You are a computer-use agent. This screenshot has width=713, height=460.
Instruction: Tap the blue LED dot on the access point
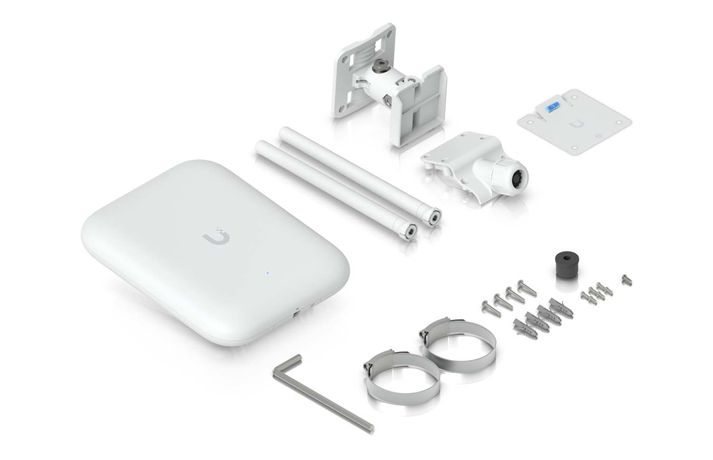coord(268,274)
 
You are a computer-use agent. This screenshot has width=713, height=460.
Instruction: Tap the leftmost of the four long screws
coord(488,305)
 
